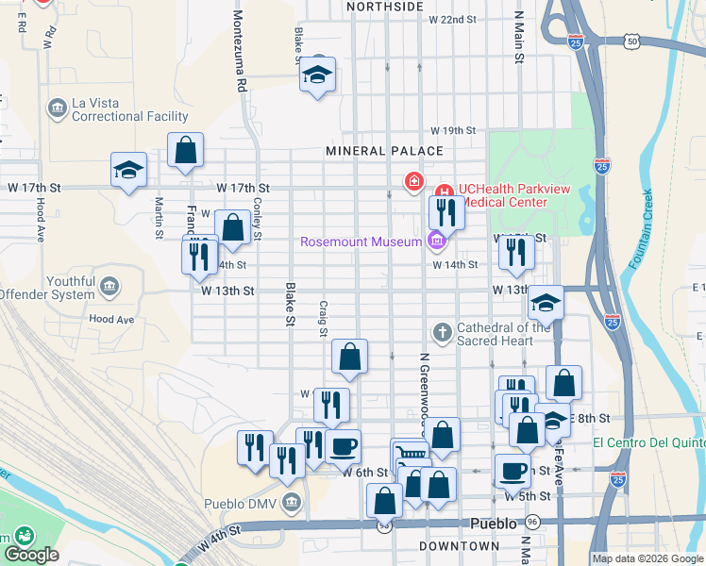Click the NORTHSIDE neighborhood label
[x=384, y=7]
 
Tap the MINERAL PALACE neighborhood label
[x=384, y=151]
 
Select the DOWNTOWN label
[x=459, y=546]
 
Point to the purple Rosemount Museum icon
[x=435, y=242]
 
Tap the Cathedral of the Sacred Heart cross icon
[x=441, y=332]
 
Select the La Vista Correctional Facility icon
[x=57, y=109]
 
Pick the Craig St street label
[x=323, y=319]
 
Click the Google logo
[x=31, y=555]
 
